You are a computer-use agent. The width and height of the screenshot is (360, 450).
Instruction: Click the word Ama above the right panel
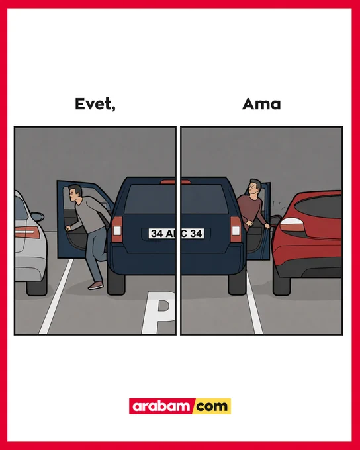pos(261,104)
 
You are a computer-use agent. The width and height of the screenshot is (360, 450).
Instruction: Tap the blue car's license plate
pos(176,234)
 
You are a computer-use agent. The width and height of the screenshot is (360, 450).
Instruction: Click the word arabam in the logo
pos(161,406)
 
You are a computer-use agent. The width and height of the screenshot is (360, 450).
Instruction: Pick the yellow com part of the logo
pos(212,406)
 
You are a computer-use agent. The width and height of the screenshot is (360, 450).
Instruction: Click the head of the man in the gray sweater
pos(75,193)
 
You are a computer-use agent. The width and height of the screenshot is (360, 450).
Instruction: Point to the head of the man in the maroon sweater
pos(254,188)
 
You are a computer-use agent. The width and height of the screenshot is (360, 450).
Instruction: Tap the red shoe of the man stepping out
pos(95,285)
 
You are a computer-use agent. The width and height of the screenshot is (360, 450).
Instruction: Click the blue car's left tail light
pos(117,229)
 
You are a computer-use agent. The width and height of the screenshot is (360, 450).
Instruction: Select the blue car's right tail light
pos(236,229)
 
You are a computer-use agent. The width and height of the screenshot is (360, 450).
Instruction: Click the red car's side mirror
pos(275,220)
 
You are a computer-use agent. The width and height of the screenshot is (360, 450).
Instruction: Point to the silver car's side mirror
pos(38,216)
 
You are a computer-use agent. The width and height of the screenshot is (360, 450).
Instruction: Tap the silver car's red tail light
pos(27,232)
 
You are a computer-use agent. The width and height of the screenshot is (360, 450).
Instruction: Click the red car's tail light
pos(292,225)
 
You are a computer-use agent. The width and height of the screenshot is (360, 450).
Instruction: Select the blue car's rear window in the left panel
pos(150,199)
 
